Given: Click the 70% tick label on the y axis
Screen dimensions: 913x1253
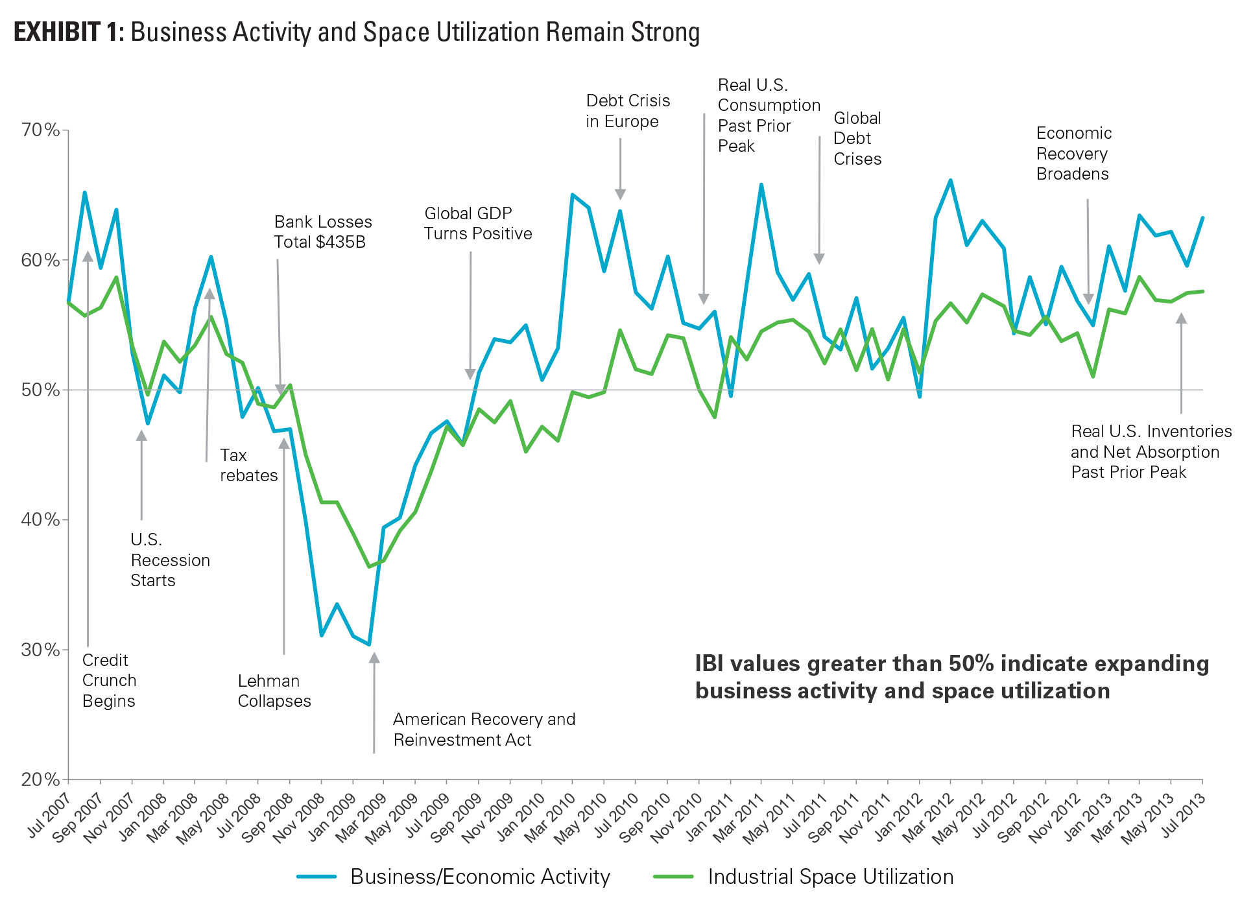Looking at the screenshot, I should (x=41, y=130).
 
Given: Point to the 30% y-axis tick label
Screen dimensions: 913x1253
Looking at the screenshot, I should (x=41, y=650).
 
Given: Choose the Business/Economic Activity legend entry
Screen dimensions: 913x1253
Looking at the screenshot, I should (x=480, y=877).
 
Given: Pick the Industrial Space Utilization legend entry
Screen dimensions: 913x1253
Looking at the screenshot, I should (x=830, y=877).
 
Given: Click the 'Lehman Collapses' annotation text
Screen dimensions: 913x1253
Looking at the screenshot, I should (x=274, y=691).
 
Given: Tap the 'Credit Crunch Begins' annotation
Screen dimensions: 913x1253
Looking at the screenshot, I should (x=109, y=680).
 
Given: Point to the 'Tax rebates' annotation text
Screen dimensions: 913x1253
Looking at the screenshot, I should (x=248, y=466).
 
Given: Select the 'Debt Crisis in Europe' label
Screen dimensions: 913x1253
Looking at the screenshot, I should (x=627, y=111).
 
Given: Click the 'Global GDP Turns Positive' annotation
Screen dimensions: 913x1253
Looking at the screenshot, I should (x=478, y=223).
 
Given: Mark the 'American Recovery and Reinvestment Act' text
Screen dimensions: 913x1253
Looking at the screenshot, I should (x=484, y=729).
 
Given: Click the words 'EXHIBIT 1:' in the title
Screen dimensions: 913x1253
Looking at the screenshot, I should (x=69, y=32).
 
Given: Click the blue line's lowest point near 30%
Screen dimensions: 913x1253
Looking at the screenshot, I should (x=369, y=645).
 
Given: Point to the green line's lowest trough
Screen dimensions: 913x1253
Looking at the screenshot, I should (x=369, y=567).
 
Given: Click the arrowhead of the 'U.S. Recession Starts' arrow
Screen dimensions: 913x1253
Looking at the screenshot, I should (x=141, y=435).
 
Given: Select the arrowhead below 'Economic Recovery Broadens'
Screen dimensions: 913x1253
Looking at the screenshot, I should (x=1089, y=299).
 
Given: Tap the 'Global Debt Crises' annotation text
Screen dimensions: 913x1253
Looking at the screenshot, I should (x=857, y=138).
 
